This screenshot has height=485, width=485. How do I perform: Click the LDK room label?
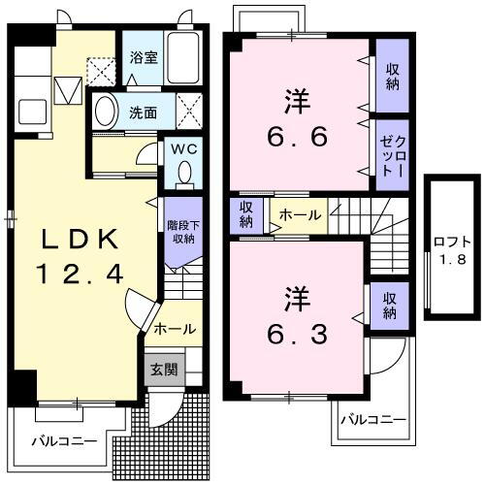(81, 240)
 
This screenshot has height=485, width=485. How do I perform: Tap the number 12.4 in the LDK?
(81, 275)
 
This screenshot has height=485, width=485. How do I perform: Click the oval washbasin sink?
(108, 112)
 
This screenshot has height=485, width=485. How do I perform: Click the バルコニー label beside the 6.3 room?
(373, 420)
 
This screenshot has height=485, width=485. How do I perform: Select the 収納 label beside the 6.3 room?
(389, 305)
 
